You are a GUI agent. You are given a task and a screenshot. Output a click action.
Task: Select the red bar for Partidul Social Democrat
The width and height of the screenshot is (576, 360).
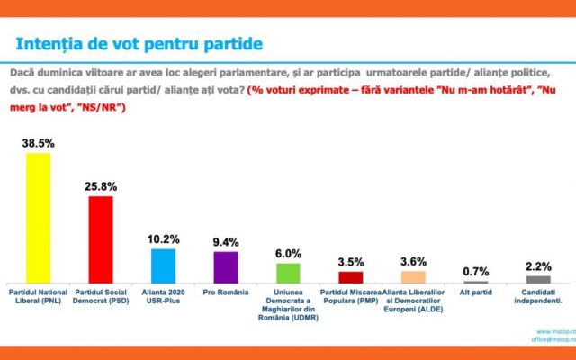[x=100, y=238]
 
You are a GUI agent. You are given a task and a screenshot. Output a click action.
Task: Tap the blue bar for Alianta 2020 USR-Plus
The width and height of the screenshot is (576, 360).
[x=163, y=265]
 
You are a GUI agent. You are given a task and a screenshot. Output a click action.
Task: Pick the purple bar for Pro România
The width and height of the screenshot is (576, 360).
[x=225, y=266]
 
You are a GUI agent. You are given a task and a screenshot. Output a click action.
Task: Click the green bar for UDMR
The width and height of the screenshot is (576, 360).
[x=287, y=273]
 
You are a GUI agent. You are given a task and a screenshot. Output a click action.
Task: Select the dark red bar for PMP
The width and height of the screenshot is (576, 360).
[x=350, y=277]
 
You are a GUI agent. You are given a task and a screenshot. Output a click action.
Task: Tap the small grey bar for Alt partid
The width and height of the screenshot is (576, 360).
[x=476, y=282]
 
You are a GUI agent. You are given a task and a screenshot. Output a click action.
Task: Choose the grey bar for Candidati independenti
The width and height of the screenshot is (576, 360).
[x=538, y=279]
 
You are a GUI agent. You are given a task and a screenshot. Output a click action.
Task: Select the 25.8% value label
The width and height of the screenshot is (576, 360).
[x=100, y=185]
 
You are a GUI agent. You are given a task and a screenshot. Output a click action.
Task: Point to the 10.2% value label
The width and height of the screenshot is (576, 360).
[x=163, y=238]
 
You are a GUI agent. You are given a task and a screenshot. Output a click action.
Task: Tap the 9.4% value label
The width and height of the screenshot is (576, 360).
[x=225, y=241]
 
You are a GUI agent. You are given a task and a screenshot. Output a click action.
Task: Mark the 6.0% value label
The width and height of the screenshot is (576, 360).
[x=287, y=253]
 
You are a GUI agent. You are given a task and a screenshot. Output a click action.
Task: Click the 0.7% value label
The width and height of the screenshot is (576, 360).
[x=476, y=271]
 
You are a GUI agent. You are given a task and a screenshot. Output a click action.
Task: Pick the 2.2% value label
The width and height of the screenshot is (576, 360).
[x=538, y=265]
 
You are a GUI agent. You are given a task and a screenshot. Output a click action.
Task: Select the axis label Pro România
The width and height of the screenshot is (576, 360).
[x=225, y=293]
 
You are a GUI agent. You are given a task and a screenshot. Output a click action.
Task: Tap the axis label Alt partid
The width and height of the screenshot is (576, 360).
[x=476, y=293]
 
